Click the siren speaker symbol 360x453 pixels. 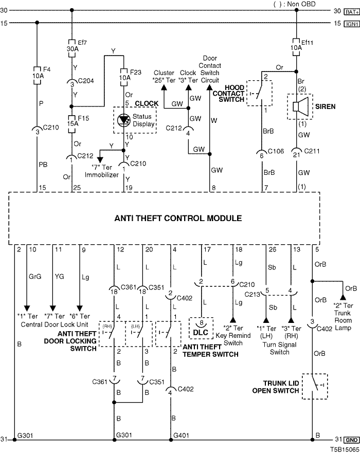coord(297,107)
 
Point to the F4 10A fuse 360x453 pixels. coord(37,73)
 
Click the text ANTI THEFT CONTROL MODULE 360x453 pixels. coord(178,219)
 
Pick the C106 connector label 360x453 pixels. coord(275,153)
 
